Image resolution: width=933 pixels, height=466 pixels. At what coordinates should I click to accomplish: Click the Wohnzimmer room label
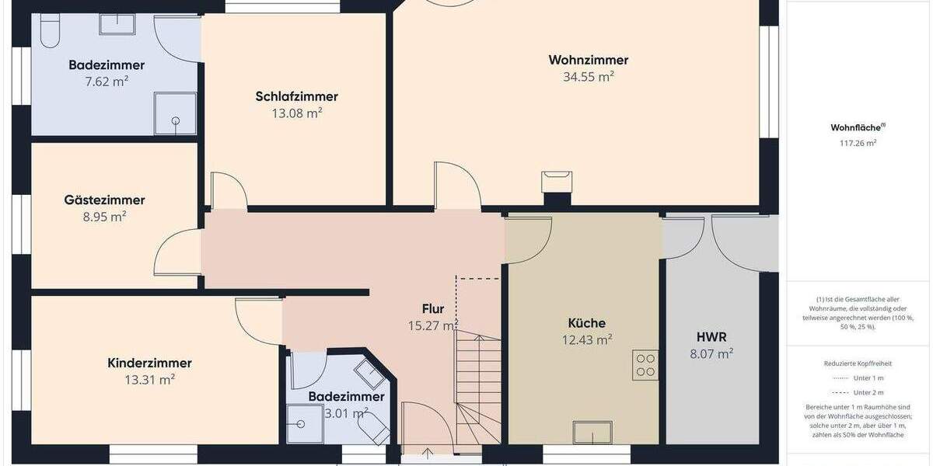[x=588, y=60]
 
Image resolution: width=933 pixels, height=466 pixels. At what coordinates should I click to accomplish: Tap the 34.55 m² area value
[x=588, y=77]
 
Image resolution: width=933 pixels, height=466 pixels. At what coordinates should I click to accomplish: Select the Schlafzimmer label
[x=296, y=96]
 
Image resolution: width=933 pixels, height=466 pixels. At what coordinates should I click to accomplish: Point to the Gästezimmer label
[x=104, y=200]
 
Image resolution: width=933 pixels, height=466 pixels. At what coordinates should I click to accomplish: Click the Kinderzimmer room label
[x=149, y=363]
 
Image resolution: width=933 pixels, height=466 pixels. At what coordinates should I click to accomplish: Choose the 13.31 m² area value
[x=149, y=380]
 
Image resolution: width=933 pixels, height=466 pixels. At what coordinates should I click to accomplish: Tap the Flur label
[x=433, y=309]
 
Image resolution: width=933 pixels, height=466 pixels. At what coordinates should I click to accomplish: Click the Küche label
[x=586, y=323]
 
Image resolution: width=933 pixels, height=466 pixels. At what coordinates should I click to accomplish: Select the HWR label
[x=711, y=337]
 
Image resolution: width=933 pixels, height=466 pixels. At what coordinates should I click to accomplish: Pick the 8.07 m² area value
[x=711, y=354]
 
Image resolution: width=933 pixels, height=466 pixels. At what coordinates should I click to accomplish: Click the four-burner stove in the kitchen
[x=646, y=365]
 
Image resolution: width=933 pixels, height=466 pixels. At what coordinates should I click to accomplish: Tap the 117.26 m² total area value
[x=858, y=143]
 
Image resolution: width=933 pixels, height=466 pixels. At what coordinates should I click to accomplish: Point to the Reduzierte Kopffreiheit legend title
[x=858, y=363]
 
